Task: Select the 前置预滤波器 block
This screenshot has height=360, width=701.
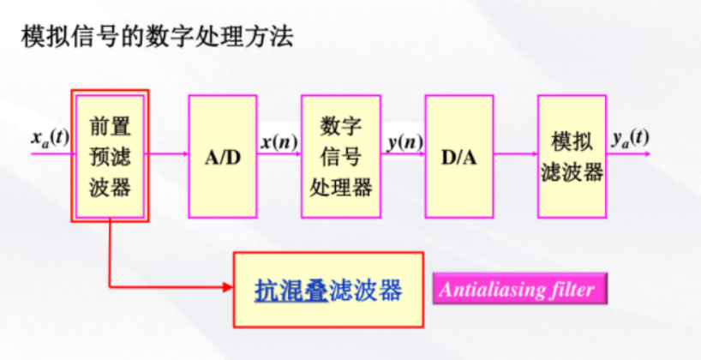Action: pyautogui.click(x=110, y=155)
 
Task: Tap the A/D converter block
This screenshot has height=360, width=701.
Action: pyautogui.click(x=223, y=155)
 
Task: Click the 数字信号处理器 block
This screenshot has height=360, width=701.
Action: pyautogui.click(x=340, y=155)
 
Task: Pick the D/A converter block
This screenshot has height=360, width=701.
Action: pyautogui.click(x=458, y=155)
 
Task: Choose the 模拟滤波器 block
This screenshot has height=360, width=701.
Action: pyautogui.click(x=572, y=155)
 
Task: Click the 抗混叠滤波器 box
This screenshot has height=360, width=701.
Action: pyautogui.click(x=328, y=290)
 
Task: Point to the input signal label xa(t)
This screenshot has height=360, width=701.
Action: pyautogui.click(x=48, y=137)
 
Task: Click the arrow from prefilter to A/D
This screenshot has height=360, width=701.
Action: pyautogui.click(x=168, y=155)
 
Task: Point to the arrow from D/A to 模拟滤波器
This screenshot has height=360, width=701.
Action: pyautogui.click(x=515, y=155)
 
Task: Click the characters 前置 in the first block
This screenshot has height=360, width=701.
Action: pyautogui.click(x=110, y=127)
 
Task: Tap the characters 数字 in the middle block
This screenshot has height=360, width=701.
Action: pyautogui.click(x=340, y=127)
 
